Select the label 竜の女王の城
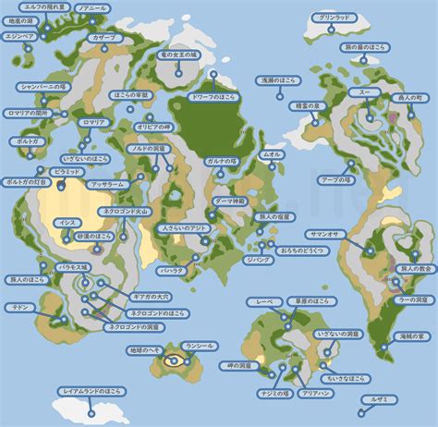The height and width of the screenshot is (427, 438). [x=179, y=55]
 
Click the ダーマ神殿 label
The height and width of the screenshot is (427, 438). [x=229, y=200]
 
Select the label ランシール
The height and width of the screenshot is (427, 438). [x=200, y=345]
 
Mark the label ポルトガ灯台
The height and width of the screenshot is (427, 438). [x=26, y=182]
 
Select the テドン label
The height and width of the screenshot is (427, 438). [x=18, y=305]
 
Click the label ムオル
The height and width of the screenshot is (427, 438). [x=273, y=154]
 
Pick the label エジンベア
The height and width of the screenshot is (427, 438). [x=19, y=36]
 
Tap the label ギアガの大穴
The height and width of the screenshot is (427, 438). [x=152, y=296]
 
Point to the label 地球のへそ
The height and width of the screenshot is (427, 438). [x=145, y=350]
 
